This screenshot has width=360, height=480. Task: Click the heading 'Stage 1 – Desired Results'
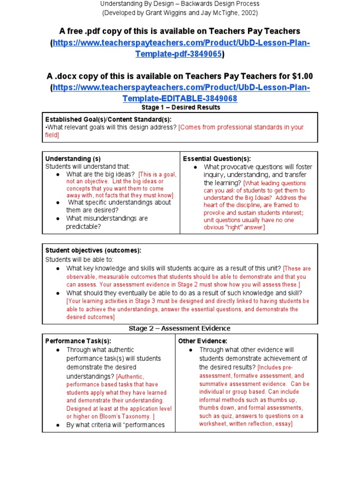(x=180, y=107)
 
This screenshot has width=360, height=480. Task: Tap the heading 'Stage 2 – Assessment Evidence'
(x=180, y=328)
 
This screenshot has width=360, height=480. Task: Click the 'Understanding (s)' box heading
(x=73, y=158)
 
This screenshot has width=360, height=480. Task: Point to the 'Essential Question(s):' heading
(x=217, y=158)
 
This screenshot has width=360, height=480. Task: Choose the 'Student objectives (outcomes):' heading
(x=93, y=251)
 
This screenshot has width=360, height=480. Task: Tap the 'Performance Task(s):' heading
(x=78, y=341)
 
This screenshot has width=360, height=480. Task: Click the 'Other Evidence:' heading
(x=202, y=341)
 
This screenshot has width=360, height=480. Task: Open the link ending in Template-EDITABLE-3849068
(x=180, y=98)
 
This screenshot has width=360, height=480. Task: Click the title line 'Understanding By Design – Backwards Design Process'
(x=180, y=4)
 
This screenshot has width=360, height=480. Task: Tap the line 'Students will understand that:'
(x=87, y=166)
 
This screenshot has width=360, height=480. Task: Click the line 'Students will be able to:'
(x=79, y=259)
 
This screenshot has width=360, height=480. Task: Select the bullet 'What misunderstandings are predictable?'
(x=107, y=223)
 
